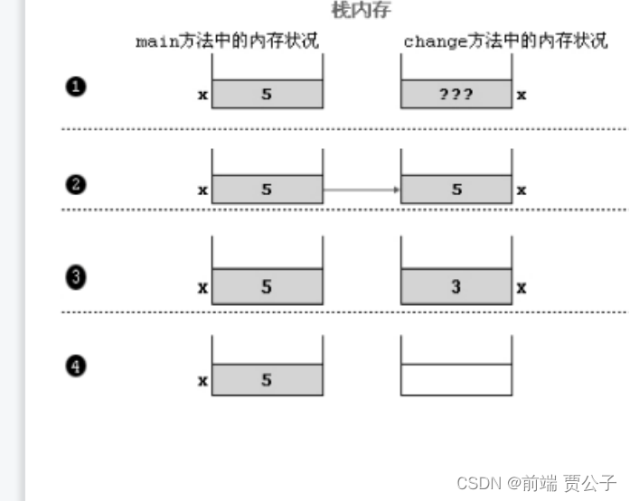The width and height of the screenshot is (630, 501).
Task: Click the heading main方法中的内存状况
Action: (227, 42)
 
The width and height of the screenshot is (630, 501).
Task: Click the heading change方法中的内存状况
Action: (505, 42)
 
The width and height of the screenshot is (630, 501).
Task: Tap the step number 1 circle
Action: (76, 88)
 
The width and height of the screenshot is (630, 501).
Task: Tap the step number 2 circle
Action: (76, 184)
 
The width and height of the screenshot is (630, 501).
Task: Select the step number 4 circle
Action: (76, 366)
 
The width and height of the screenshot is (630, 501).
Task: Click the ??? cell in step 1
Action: (456, 93)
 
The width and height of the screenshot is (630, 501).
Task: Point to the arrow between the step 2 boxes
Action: (362, 190)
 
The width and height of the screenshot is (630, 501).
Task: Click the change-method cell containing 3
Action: (456, 287)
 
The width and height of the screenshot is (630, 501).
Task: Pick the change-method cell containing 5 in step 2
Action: (456, 190)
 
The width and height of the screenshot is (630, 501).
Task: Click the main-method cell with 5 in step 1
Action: (267, 93)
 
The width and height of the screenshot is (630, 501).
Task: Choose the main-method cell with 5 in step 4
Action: (267, 380)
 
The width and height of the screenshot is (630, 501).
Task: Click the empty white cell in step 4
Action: (456, 380)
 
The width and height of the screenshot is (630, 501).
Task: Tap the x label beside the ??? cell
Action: (522, 93)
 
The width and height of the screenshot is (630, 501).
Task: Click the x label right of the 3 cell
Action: (522, 288)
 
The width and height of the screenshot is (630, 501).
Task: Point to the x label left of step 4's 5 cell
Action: (202, 381)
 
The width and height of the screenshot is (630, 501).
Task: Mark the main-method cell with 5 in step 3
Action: (267, 287)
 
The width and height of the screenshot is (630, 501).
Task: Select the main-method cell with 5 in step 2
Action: (267, 190)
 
